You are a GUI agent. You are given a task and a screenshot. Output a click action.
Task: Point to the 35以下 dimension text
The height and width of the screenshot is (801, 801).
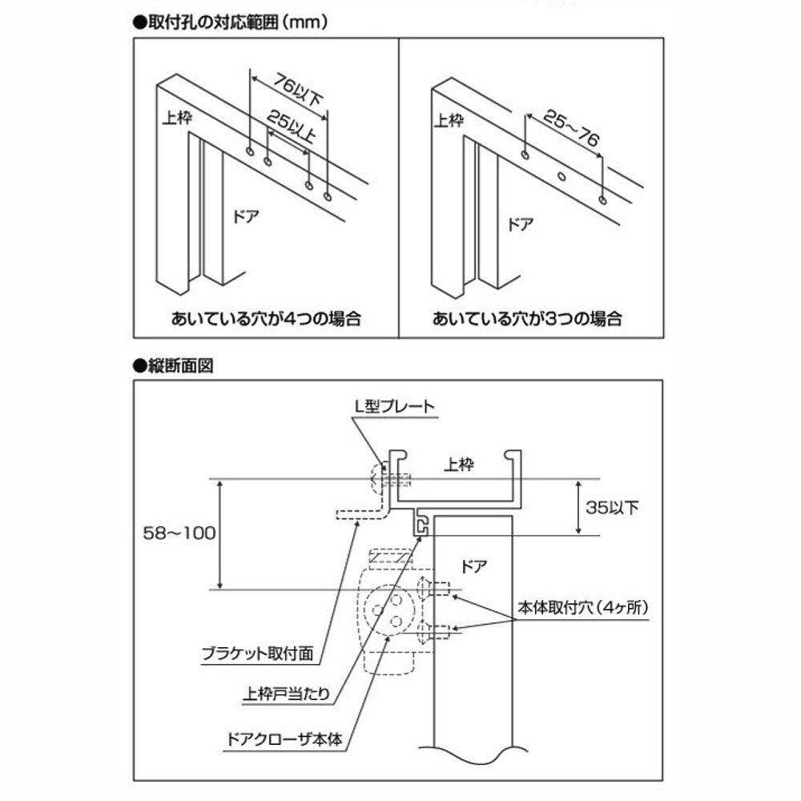614,508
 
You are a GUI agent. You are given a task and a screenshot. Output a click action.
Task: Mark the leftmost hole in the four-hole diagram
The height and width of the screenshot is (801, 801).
251,151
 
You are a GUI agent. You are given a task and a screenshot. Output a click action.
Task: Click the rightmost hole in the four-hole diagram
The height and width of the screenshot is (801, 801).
328,195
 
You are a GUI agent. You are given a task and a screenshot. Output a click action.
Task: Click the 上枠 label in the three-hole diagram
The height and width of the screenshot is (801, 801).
449,121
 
